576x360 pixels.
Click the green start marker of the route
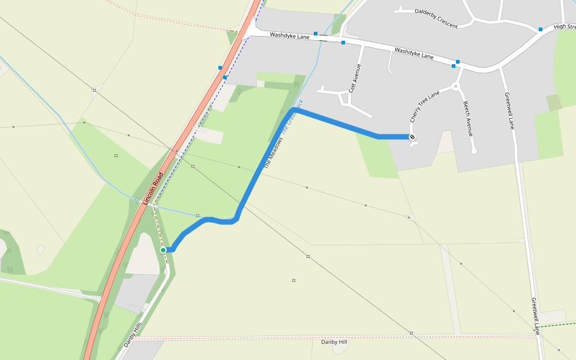[x=163, y=250]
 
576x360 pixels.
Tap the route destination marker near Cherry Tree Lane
[x=413, y=137]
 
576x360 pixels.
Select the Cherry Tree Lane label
[x=425, y=107]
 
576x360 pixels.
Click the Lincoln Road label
[x=154, y=188]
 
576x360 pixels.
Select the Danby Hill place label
[x=334, y=342]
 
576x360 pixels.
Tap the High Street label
[x=565, y=26]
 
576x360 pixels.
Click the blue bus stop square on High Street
[x=541, y=29]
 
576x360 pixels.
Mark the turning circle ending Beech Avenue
[x=474, y=151]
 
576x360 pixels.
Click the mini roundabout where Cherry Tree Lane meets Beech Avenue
[x=455, y=86]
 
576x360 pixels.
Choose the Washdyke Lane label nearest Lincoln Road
[x=289, y=36]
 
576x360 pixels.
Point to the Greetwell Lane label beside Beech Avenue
[x=509, y=111]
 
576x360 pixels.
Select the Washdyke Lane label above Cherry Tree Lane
[x=414, y=53]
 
